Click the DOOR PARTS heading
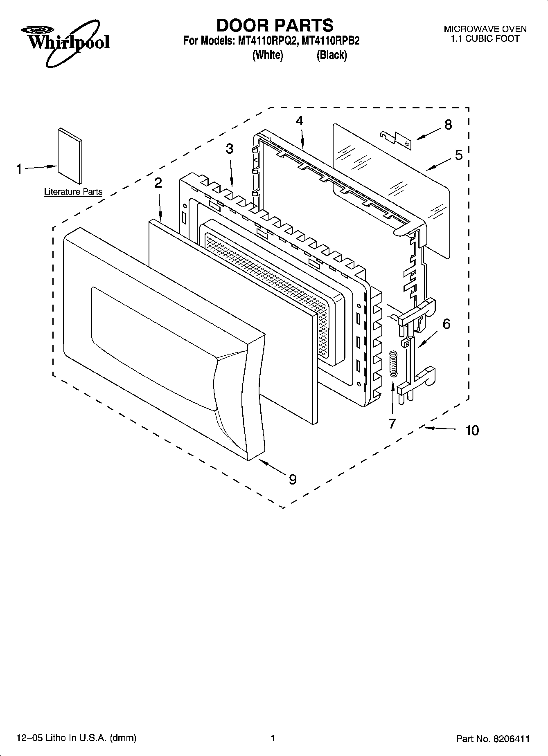coord(275,25)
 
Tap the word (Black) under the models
coord(332,55)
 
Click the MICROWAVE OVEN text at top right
coord(485,29)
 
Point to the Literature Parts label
coord(73,191)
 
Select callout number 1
coord(19,168)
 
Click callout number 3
coord(230,149)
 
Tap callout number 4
coord(300,121)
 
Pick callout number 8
coord(448,125)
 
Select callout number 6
coord(447,324)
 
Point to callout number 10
coord(472,430)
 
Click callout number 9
coord(292,479)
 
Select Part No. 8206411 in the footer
coord(493,739)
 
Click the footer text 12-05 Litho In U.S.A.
coord(76,738)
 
